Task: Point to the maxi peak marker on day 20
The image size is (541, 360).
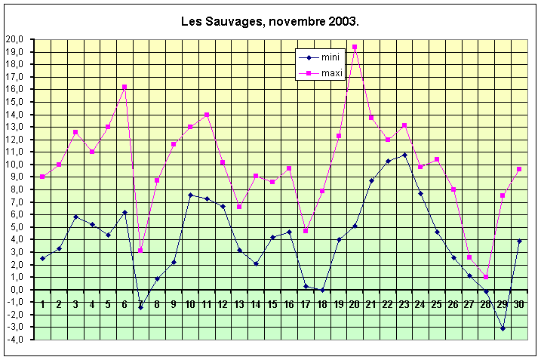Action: tap(355, 47)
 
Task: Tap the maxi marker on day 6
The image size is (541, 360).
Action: tap(124, 87)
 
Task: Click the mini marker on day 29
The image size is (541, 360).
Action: tap(503, 329)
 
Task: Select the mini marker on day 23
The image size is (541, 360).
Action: tap(404, 155)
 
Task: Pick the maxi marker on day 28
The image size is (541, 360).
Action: tap(486, 277)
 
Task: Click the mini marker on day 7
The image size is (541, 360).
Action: tap(140, 307)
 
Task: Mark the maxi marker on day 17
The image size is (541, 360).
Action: tap(306, 231)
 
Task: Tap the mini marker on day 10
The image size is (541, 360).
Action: tap(190, 195)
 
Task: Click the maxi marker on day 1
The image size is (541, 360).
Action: tap(42, 177)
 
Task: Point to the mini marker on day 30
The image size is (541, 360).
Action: tap(519, 241)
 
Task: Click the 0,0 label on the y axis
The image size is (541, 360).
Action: tap(16, 290)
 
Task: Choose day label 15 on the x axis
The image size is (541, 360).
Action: tap(272, 304)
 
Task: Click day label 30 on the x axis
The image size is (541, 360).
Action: tap(519, 304)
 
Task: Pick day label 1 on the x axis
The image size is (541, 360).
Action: tap(42, 304)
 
